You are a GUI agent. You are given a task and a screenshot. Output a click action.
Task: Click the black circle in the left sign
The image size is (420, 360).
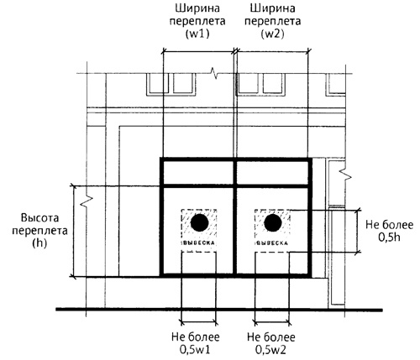tap(199, 222)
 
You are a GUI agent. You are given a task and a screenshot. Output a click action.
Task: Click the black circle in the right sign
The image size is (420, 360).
tap(273, 222)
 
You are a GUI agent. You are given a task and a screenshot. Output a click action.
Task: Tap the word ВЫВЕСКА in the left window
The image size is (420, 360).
tap(199, 243)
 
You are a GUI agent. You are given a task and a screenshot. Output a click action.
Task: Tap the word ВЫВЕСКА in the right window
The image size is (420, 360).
tap(272, 243)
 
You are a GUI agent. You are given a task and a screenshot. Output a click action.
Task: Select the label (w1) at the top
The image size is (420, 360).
tap(197, 34)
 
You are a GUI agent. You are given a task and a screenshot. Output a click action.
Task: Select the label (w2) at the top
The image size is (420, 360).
tap(272, 34)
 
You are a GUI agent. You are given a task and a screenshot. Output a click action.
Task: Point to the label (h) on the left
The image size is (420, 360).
tap(39, 243)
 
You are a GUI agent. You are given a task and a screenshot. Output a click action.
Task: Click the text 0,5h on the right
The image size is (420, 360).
tap(390, 237)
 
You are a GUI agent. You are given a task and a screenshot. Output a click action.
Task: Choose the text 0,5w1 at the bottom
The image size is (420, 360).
tap(195, 350)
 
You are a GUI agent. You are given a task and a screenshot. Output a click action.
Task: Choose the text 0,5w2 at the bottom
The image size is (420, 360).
tap(270, 350)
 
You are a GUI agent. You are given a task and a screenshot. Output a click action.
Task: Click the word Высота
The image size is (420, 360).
tap(39, 218)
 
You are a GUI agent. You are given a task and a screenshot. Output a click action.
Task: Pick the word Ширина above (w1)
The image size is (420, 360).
tap(197, 8)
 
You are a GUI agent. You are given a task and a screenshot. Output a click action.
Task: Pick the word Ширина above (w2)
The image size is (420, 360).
tap(273, 8)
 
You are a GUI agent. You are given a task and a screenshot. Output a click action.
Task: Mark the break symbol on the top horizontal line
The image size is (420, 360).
tap(214, 73)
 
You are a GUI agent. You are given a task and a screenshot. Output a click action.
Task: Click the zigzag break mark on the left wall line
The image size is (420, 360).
tap(87, 201)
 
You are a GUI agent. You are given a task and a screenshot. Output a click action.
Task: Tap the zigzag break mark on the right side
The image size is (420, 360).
tap(345, 175)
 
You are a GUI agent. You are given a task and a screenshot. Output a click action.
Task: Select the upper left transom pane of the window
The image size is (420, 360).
tap(198, 173)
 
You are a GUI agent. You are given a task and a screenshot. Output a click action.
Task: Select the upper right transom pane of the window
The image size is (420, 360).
tap(272, 173)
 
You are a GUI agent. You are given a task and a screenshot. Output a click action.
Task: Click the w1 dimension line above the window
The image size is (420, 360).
tap(198, 51)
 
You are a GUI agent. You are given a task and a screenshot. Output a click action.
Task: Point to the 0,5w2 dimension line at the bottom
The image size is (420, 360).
tap(272, 323)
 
